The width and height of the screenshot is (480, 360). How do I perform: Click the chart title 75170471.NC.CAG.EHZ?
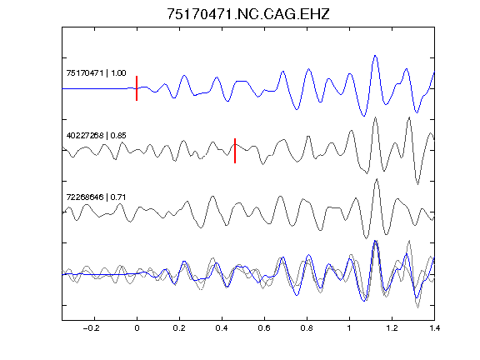coord(248,14)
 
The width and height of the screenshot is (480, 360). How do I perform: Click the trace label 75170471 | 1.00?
coord(96,72)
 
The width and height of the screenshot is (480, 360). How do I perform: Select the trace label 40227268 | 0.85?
coord(96,135)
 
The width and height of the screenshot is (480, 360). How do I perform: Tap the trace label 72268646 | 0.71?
coord(96,197)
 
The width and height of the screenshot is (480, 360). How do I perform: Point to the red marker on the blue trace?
coord(137,88)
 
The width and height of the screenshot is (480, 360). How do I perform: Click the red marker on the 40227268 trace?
coord(235,151)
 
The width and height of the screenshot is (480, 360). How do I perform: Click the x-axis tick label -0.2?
coord(92,328)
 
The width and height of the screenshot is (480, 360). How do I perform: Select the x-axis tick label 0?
coord(137,328)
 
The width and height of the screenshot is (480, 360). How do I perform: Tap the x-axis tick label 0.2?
coord(179,328)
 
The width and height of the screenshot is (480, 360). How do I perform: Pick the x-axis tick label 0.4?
coord(222,328)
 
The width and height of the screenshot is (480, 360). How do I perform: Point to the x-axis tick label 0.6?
coord(264,328)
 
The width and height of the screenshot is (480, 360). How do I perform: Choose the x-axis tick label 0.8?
coord(307,328)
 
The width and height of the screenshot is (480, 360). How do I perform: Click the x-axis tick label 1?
coord(349,328)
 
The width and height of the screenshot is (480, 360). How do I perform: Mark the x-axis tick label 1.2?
coord(392,328)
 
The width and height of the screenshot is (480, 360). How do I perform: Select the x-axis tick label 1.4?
coord(434,328)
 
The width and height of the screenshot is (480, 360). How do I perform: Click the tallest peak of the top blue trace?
coord(375,56)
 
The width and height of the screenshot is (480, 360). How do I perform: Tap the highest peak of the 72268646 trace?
coord(377,179)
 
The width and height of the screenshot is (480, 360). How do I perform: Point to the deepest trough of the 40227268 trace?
coord(417,183)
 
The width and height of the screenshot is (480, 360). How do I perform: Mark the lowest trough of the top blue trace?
coord(363,116)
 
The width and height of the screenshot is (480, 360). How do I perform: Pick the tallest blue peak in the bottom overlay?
coord(375,242)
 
